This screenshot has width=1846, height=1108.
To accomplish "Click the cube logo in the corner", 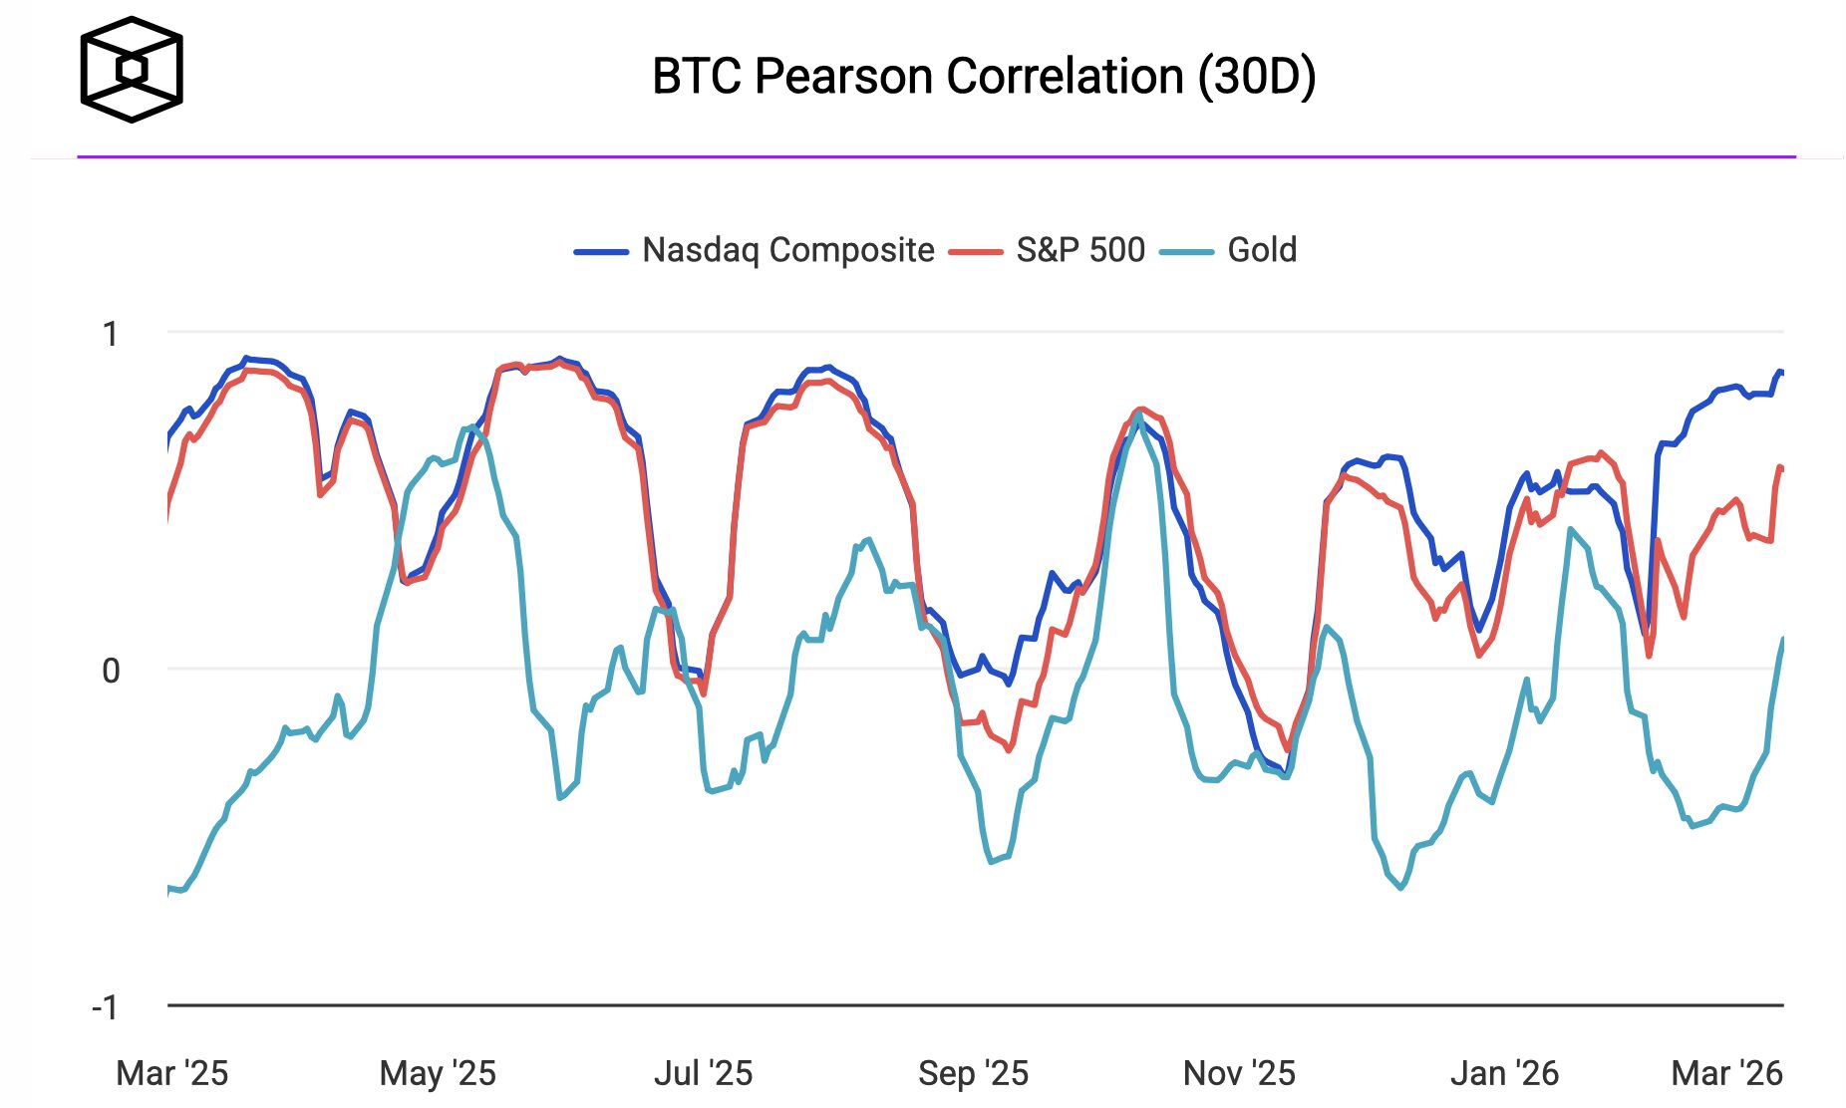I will click(132, 70).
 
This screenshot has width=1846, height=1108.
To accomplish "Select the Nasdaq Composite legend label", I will click(787, 250).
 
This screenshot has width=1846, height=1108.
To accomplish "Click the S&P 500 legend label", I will click(1080, 250).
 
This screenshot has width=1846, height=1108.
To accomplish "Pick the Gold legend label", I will click(1262, 250).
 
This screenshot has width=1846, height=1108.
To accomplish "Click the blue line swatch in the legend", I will click(601, 252).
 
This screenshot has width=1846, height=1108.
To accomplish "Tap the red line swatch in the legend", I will click(976, 252).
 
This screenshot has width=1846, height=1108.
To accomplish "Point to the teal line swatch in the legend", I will click(1187, 252).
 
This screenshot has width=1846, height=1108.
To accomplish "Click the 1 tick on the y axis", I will click(111, 334).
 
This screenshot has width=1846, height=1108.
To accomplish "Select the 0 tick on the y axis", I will click(111, 671).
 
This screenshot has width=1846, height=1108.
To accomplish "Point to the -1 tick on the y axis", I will click(106, 1007).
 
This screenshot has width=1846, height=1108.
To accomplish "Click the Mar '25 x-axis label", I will click(172, 1073).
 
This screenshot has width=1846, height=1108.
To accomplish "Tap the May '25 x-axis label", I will click(438, 1073).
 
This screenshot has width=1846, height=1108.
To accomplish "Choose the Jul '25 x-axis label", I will click(703, 1073).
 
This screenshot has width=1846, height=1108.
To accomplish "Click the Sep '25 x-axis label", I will click(973, 1073).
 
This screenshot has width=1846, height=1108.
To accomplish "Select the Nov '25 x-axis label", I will click(1239, 1073).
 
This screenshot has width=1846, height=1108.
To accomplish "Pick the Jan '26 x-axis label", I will click(1504, 1073).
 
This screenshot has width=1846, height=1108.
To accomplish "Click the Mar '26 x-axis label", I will click(1726, 1073).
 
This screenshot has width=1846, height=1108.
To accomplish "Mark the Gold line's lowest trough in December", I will click(1401, 887).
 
